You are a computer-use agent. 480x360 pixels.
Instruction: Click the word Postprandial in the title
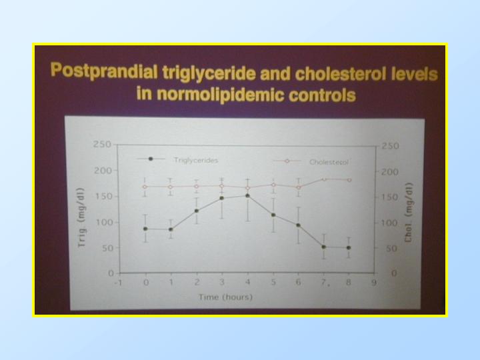[x=104, y=71]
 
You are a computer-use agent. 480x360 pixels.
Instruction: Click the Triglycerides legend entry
[x=177, y=159]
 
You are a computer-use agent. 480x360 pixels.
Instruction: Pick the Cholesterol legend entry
[x=311, y=161]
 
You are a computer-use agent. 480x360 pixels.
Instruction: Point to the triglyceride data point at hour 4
[x=247, y=195]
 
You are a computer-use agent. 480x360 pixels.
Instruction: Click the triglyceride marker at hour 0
[x=145, y=229]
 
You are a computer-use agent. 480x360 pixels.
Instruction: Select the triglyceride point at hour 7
[x=323, y=247]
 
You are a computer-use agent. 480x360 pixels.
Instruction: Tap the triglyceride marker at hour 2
[x=197, y=211]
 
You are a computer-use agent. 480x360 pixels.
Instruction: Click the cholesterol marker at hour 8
[x=349, y=180]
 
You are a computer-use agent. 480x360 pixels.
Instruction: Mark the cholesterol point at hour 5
[x=274, y=185]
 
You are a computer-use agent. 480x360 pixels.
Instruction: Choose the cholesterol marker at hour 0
[x=145, y=187]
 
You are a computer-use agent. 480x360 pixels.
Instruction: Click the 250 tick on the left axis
[x=102, y=144]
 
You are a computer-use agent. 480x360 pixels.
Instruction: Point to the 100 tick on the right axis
[x=389, y=223]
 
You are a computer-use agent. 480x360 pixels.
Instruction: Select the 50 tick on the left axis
[x=107, y=248]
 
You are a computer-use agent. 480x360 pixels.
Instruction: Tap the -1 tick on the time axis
[x=118, y=283]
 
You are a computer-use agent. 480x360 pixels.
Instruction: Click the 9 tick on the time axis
[x=374, y=282]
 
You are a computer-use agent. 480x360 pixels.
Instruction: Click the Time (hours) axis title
[x=225, y=297]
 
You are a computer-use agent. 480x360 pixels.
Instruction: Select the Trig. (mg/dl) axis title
[x=81, y=217]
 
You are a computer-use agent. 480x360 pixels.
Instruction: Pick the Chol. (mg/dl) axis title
[x=409, y=213]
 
